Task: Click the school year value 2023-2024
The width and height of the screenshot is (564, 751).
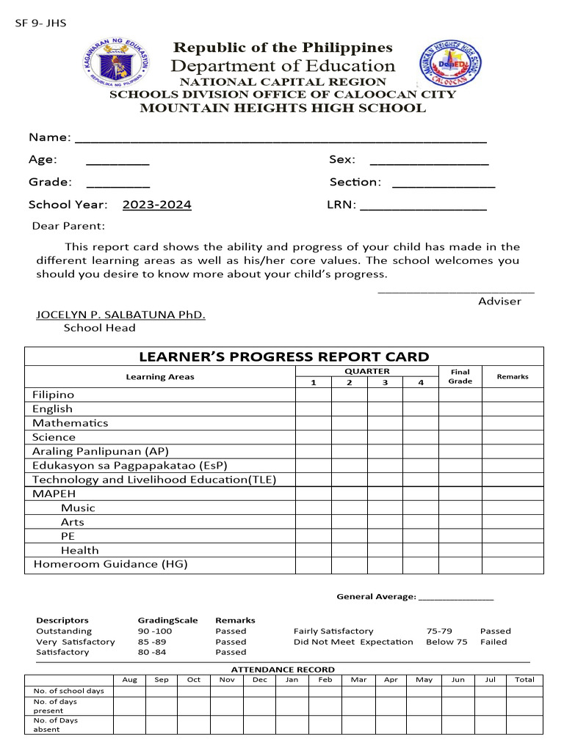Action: (x=156, y=205)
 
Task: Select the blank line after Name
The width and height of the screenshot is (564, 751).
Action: (x=281, y=139)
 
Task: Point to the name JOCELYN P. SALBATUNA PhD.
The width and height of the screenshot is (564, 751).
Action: (x=121, y=315)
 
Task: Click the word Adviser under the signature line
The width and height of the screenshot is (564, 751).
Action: (x=499, y=301)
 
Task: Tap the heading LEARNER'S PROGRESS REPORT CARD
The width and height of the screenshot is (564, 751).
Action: (x=283, y=357)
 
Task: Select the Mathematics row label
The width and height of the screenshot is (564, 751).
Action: (x=70, y=423)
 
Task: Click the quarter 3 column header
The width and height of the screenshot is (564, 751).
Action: (x=385, y=382)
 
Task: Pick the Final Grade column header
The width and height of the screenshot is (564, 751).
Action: (x=460, y=376)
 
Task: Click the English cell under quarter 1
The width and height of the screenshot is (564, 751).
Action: (x=313, y=409)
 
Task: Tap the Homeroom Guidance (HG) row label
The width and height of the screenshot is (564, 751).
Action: (x=110, y=564)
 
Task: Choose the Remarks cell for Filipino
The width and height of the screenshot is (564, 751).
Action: (x=512, y=395)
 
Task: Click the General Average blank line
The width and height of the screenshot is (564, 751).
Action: (x=456, y=597)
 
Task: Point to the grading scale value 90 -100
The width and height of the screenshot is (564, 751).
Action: (x=154, y=631)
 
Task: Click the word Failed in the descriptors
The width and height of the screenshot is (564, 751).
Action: (x=493, y=642)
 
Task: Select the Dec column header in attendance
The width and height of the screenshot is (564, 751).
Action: (x=260, y=679)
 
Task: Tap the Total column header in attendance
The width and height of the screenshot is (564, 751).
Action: (x=524, y=679)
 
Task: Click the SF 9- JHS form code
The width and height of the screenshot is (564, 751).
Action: (x=41, y=23)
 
